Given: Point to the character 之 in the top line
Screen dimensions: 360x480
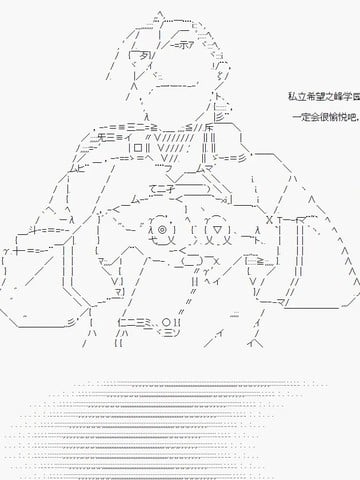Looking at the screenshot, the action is click(x=330, y=98).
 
